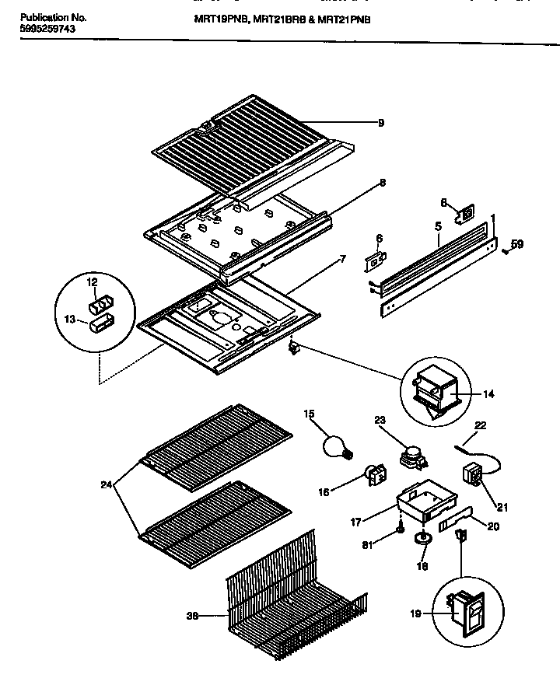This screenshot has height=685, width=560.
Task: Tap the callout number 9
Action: coord(381,122)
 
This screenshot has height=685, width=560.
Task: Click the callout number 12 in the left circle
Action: coord(92,281)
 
